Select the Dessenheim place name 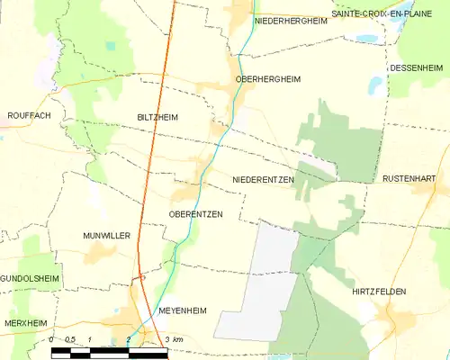[x=417, y=68]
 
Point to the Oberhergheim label [x=267, y=79]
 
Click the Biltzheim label [x=157, y=117]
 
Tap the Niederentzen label [x=264, y=180]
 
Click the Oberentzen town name [x=195, y=213]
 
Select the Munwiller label [x=108, y=235]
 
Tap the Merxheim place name [x=23, y=322]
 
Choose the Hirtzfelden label [x=380, y=292]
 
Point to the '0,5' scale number [x=71, y=338]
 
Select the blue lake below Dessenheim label [x=374, y=85]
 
